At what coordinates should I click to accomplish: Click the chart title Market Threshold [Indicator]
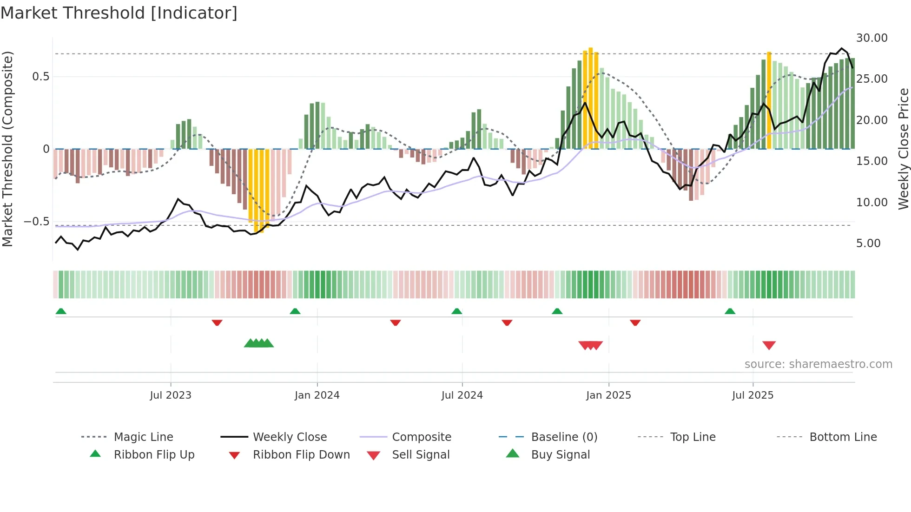pyautogui.click(x=119, y=13)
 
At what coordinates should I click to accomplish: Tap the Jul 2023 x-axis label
pyautogui.click(x=170, y=395)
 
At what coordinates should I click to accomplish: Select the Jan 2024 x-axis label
pyautogui.click(x=317, y=395)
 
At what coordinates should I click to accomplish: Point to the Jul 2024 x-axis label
pyautogui.click(x=462, y=395)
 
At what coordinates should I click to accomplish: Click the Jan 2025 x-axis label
pyautogui.click(x=608, y=395)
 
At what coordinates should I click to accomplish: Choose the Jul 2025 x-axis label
pyautogui.click(x=753, y=395)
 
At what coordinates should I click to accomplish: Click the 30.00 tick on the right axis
pyautogui.click(x=871, y=38)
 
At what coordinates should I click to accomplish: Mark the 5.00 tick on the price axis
pyautogui.click(x=868, y=243)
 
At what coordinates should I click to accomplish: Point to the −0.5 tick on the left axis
pyautogui.click(x=37, y=222)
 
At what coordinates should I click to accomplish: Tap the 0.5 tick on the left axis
pyautogui.click(x=40, y=77)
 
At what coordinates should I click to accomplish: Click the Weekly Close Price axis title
pyautogui.click(x=903, y=149)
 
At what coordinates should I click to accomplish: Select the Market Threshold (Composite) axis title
pyautogui.click(x=7, y=149)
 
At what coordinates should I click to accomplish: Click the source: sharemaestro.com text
pyautogui.click(x=818, y=364)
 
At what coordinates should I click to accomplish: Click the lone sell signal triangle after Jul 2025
pyautogui.click(x=769, y=345)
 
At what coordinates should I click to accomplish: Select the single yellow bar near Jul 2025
pyautogui.click(x=769, y=100)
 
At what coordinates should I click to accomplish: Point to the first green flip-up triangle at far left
pyautogui.click(x=61, y=311)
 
